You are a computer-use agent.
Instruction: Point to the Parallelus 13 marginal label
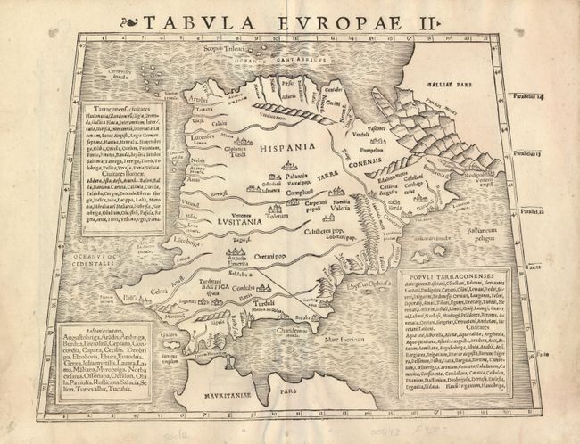[543, 152]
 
